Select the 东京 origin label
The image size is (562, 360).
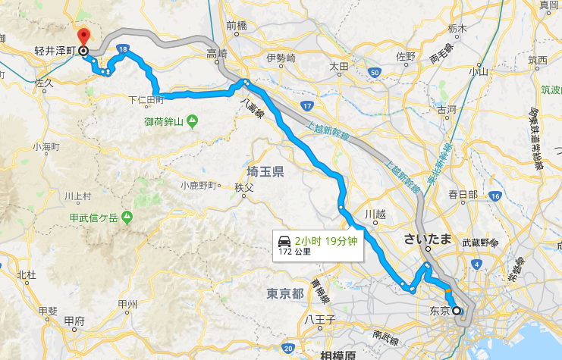(440, 311)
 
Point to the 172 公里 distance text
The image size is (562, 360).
(296, 251)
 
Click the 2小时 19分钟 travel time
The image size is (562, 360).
(326, 241)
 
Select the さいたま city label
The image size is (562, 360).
(428, 239)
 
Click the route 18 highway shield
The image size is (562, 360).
(122, 50)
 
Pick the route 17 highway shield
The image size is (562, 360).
(306, 105)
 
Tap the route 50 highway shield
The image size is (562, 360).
(375, 72)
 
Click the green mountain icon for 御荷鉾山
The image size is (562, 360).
(191, 120)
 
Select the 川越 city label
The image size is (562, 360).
(375, 214)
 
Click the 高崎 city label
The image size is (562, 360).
(217, 54)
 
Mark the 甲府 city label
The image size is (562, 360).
(74, 321)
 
